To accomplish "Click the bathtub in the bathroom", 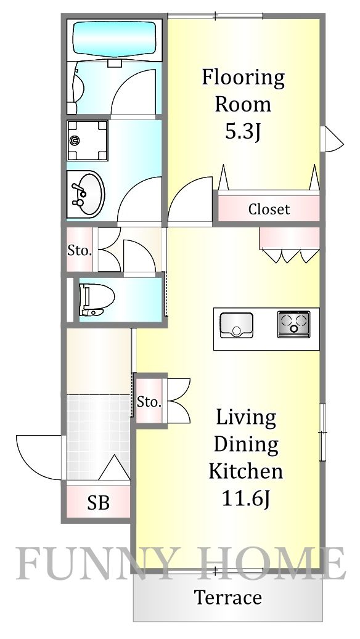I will (x=115, y=39).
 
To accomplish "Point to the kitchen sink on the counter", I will (x=236, y=325).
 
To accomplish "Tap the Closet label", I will (x=269, y=210).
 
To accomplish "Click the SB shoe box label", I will (x=98, y=503).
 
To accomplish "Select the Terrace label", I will (x=228, y=597).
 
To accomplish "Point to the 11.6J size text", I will (x=245, y=499).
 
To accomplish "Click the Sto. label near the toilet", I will (x=79, y=251).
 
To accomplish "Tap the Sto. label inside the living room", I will (x=149, y=403).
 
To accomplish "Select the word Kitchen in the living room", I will (x=245, y=471).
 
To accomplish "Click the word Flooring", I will (x=243, y=78).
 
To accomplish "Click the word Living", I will (x=245, y=417).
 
